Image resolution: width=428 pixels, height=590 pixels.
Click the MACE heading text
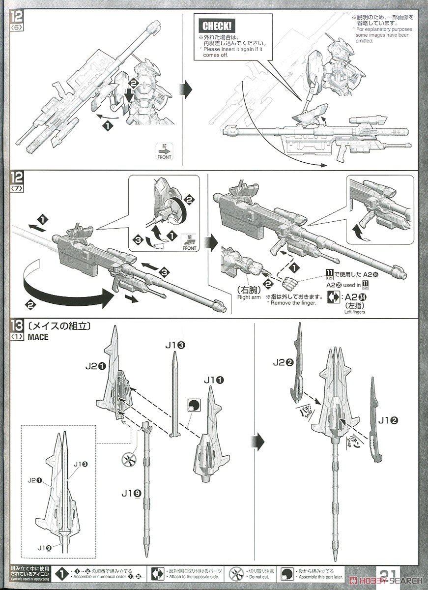tap(39, 337)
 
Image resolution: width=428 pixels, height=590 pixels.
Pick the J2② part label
tap(283, 363)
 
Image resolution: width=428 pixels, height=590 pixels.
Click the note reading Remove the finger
tap(293, 303)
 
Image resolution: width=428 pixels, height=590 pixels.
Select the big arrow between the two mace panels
tap(261, 436)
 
